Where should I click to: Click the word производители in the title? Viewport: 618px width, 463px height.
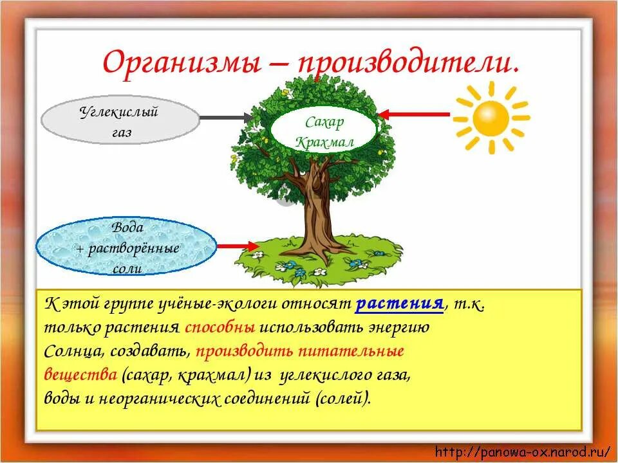coord(398,64)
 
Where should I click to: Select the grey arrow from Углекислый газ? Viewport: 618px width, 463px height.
coord(225,118)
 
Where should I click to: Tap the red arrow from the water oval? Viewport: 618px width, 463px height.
coord(236,246)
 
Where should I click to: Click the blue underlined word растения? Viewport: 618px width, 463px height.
coord(399,304)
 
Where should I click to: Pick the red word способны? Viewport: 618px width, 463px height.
coord(220,327)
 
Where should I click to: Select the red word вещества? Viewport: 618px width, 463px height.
coord(80,374)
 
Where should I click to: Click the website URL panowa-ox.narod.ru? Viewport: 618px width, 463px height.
coord(523,452)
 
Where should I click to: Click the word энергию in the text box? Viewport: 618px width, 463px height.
coord(394,327)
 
